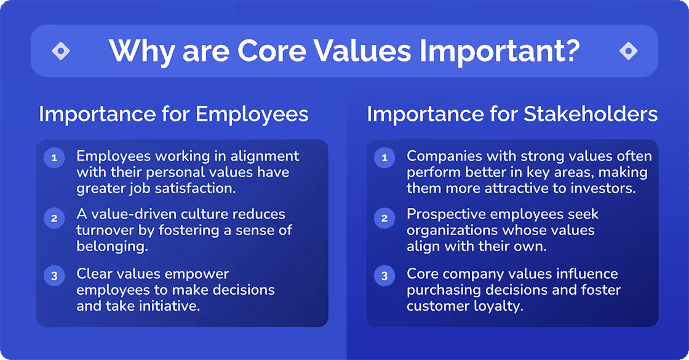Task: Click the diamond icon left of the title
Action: (61, 51)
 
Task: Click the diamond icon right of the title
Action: (628, 51)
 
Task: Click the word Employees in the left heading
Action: (252, 114)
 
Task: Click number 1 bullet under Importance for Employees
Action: (54, 158)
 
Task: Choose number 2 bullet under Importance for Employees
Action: (54, 217)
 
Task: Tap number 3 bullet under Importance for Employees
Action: (54, 276)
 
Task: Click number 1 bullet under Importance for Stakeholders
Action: (384, 158)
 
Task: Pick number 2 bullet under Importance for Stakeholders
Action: (384, 217)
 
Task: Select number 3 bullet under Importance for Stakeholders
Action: (384, 276)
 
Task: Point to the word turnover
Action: (102, 231)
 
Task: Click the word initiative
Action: (172, 306)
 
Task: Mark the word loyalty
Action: (500, 306)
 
